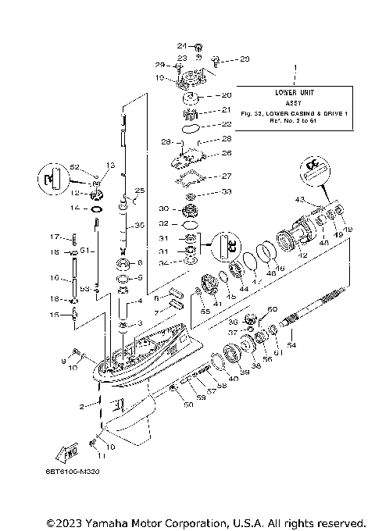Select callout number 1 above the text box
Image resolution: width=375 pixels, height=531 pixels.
point(295,69)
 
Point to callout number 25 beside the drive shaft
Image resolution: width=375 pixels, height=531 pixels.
point(141,191)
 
